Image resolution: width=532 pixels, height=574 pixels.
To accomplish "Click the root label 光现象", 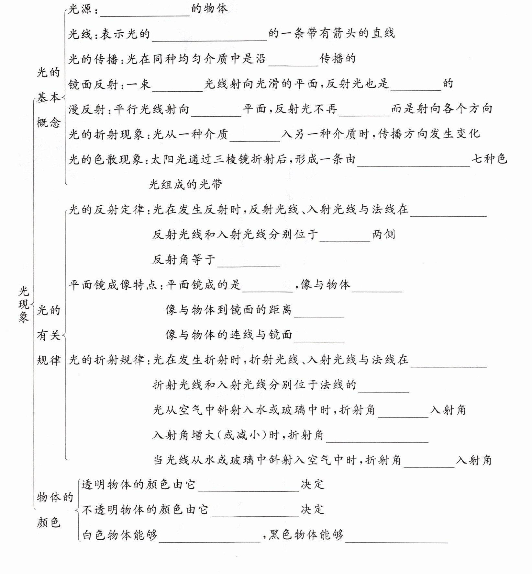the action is coord(24,304).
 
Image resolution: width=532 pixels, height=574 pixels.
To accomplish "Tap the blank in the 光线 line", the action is coord(209,37).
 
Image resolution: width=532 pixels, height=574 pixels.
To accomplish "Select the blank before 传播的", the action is coord(293,62).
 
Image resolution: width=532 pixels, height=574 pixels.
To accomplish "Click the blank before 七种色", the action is coord(413,162).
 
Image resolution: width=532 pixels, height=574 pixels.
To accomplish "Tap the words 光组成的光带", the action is coord(185,184).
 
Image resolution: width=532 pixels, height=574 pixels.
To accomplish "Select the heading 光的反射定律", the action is coord(106,210).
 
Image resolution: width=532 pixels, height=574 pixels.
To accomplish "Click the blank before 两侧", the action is coord(345,238).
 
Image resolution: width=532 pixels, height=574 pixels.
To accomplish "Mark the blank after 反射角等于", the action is coord(248,263).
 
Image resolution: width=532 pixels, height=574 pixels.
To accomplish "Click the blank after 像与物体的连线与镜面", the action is coord(319,338).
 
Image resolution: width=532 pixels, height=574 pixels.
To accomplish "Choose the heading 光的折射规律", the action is coord(106,360).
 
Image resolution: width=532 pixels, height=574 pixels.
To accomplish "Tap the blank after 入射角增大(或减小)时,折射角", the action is coord(377,438).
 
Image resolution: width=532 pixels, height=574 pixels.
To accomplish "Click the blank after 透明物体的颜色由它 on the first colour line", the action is coord(248,488).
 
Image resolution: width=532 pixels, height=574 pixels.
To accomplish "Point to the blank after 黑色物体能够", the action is coord(396,538).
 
